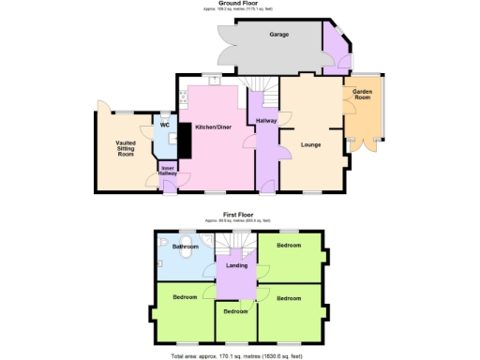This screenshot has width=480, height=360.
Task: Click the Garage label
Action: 278,35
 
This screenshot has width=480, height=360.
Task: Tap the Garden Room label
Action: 362,95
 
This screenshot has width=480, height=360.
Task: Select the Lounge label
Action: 311,144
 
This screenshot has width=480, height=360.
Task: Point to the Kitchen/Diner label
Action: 213,127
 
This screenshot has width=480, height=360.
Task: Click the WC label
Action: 164,125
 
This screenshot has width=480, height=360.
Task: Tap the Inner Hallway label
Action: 168,172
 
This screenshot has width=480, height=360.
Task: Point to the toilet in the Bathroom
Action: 188,252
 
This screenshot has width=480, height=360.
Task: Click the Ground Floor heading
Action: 239,3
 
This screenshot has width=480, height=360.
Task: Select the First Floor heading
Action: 240,214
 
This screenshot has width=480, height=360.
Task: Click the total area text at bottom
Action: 239,355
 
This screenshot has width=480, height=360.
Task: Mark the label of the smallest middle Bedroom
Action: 236,310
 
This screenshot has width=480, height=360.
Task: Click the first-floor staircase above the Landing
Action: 237,244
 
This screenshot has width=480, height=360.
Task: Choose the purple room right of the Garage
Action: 334,52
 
